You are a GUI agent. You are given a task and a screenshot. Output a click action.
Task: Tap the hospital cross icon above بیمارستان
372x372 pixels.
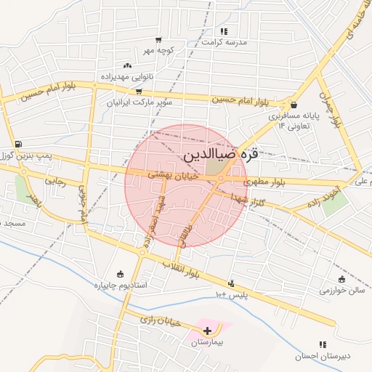point(209,331)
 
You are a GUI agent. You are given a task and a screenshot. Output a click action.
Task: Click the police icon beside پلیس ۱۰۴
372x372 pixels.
point(232,284)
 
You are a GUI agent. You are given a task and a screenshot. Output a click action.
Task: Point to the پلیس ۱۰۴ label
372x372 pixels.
point(232,294)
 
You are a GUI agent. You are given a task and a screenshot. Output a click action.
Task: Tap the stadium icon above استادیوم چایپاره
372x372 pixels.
point(121,274)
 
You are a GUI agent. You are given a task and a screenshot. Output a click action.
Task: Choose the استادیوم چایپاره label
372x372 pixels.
point(121,286)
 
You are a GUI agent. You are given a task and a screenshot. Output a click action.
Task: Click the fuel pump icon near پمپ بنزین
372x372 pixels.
point(17,144)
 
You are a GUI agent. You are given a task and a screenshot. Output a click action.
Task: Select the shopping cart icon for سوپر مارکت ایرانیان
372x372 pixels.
point(138,92)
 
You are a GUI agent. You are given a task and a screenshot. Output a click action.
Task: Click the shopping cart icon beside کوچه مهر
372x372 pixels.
point(158,41)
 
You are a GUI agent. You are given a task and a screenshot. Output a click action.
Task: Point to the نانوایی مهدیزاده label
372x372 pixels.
point(124,76)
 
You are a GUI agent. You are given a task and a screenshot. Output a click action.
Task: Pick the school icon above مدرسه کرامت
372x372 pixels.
point(224,31)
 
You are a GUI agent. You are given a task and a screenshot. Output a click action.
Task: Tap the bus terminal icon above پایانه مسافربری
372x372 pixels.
point(293,104)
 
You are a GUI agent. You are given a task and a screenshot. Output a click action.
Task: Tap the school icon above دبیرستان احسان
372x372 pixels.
point(323,345)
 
